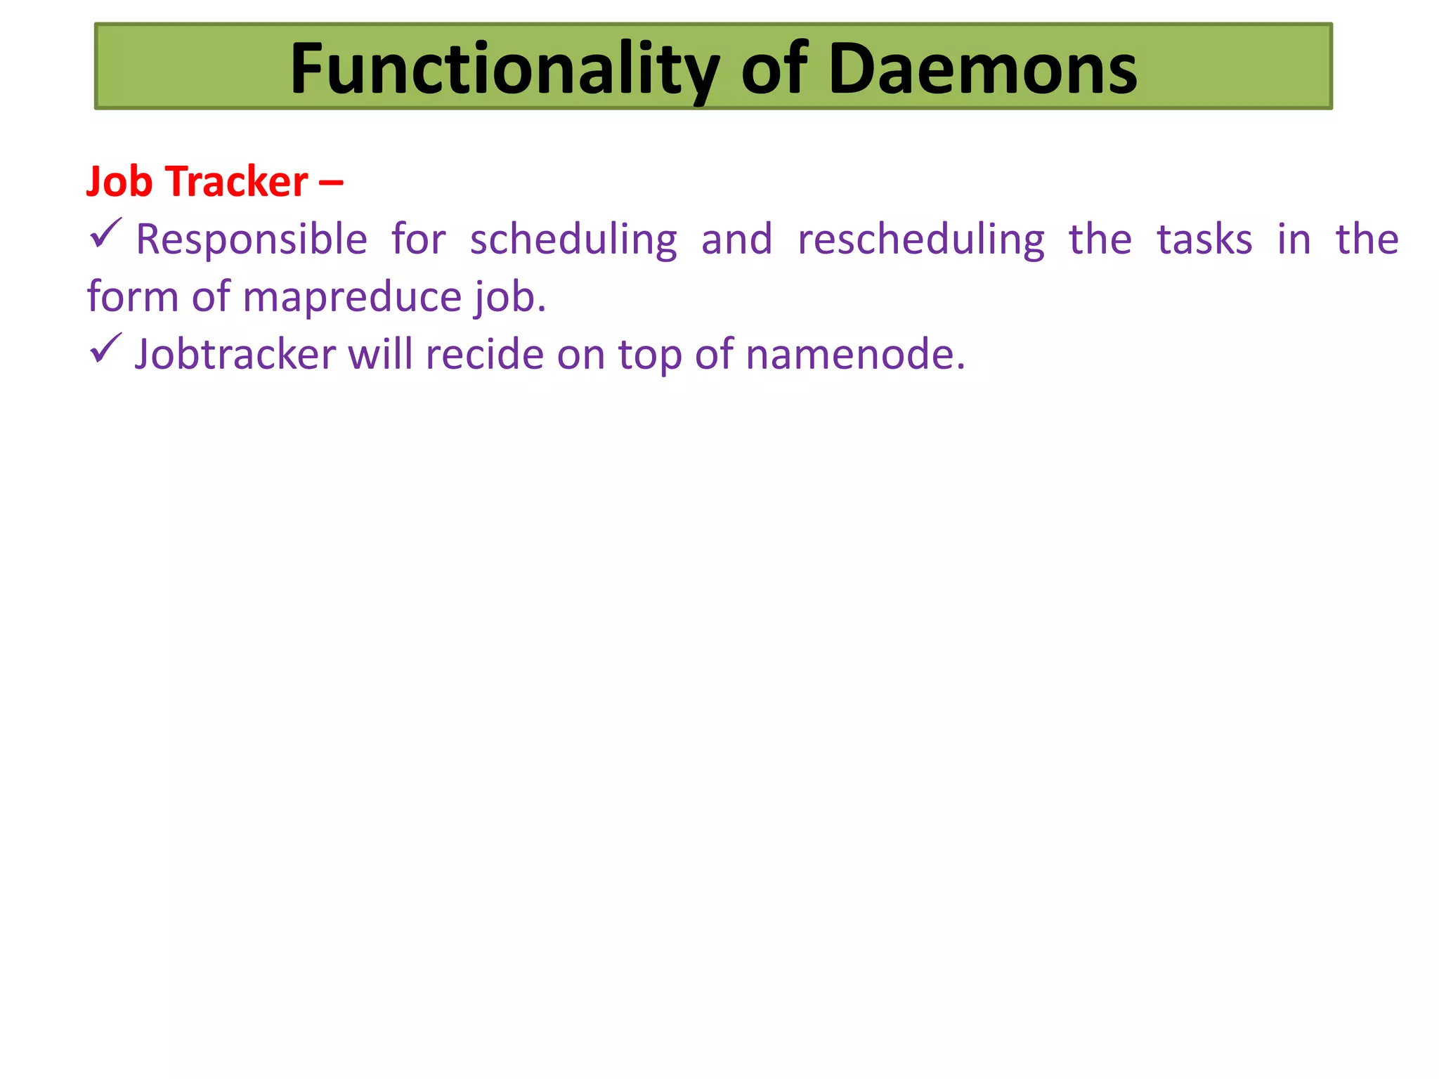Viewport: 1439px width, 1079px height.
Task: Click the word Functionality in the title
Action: [504, 69]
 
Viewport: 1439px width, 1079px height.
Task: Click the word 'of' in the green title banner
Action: [774, 69]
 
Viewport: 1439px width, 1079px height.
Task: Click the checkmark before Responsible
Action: [105, 234]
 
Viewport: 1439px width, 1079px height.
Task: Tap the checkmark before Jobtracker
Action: [105, 349]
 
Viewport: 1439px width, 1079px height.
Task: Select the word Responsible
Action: [252, 240]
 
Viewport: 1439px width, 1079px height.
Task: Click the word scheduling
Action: [573, 240]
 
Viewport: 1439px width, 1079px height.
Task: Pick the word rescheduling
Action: [921, 240]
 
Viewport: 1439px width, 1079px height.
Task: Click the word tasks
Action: [1204, 240]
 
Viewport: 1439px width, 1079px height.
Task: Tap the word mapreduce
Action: [351, 297]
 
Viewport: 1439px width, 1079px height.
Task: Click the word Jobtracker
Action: [235, 354]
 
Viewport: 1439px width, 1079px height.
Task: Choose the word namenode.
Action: [854, 354]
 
